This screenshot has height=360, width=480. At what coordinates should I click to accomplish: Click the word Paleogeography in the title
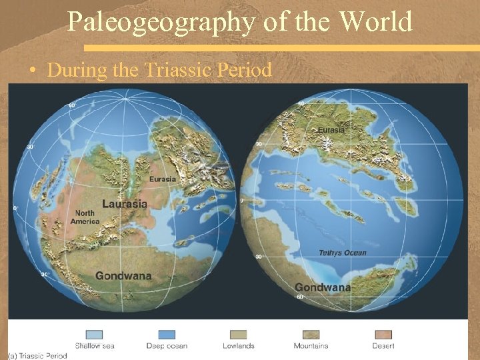point(161,23)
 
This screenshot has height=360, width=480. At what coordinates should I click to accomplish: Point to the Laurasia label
point(125,203)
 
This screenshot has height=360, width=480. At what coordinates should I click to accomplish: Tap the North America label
point(85,217)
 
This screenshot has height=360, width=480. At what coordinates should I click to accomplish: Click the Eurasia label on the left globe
point(163,179)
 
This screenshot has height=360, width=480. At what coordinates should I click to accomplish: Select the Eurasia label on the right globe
point(331,130)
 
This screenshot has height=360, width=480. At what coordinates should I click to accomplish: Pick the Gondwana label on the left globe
point(123,275)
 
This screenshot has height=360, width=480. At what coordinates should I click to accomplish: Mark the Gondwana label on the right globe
point(323,287)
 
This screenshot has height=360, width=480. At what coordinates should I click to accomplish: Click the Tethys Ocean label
point(343,253)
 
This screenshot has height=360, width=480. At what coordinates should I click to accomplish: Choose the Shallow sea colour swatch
point(94,335)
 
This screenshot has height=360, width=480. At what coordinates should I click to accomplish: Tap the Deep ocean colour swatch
point(167,335)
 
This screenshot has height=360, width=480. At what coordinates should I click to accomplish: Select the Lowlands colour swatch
point(238,335)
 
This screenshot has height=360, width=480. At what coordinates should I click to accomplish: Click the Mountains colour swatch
point(311,335)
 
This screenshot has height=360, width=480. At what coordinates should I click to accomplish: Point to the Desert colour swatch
point(383,335)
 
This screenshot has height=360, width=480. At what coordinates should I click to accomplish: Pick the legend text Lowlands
point(238,346)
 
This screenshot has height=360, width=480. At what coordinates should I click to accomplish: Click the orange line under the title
point(280,48)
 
